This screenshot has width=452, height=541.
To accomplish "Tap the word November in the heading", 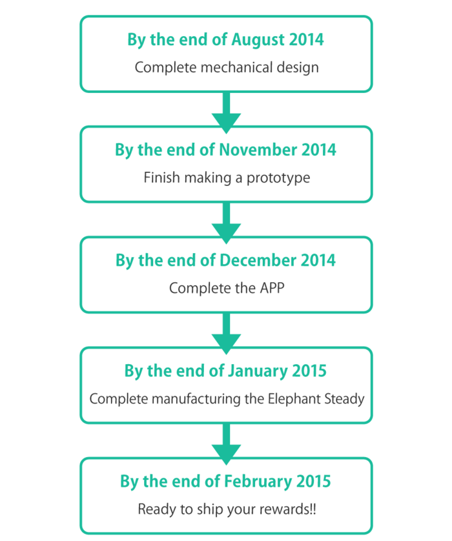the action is pos(258,150).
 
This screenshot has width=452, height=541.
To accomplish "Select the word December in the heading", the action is pos(258,261).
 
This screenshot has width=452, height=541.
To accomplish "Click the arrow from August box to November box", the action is pos(227,113).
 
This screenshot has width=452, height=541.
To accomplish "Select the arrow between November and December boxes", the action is pos(227,223).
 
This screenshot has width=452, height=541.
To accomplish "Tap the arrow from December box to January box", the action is pos(227,334).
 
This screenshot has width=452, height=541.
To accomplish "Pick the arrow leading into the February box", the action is pos(227,444).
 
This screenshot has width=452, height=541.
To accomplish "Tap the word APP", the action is pos(272,288).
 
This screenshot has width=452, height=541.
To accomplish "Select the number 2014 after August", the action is pos(307,39).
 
